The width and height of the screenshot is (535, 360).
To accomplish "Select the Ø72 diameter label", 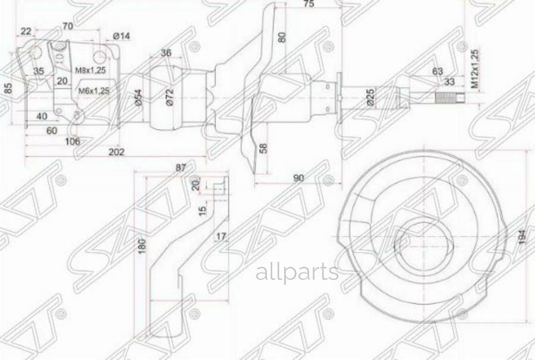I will [x=169, y=96].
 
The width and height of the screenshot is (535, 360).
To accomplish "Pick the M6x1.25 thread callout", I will [x=95, y=91].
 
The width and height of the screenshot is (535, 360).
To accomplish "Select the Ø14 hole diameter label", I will [x=121, y=37].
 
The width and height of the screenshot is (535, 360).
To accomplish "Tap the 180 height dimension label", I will [x=141, y=245].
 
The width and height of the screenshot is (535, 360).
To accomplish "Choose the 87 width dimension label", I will [x=181, y=168].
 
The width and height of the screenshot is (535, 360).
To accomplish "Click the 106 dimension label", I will [x=71, y=141].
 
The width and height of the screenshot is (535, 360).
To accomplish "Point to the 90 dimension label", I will [x=298, y=178].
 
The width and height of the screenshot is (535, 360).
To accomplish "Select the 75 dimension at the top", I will [x=308, y=5].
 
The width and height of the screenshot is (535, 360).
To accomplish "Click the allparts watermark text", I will [x=297, y=273].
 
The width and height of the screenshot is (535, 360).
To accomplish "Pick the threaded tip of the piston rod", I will [x=447, y=97].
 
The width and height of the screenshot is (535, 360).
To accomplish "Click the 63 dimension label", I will [x=438, y=71].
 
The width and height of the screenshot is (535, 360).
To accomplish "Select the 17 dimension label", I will [x=221, y=236].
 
